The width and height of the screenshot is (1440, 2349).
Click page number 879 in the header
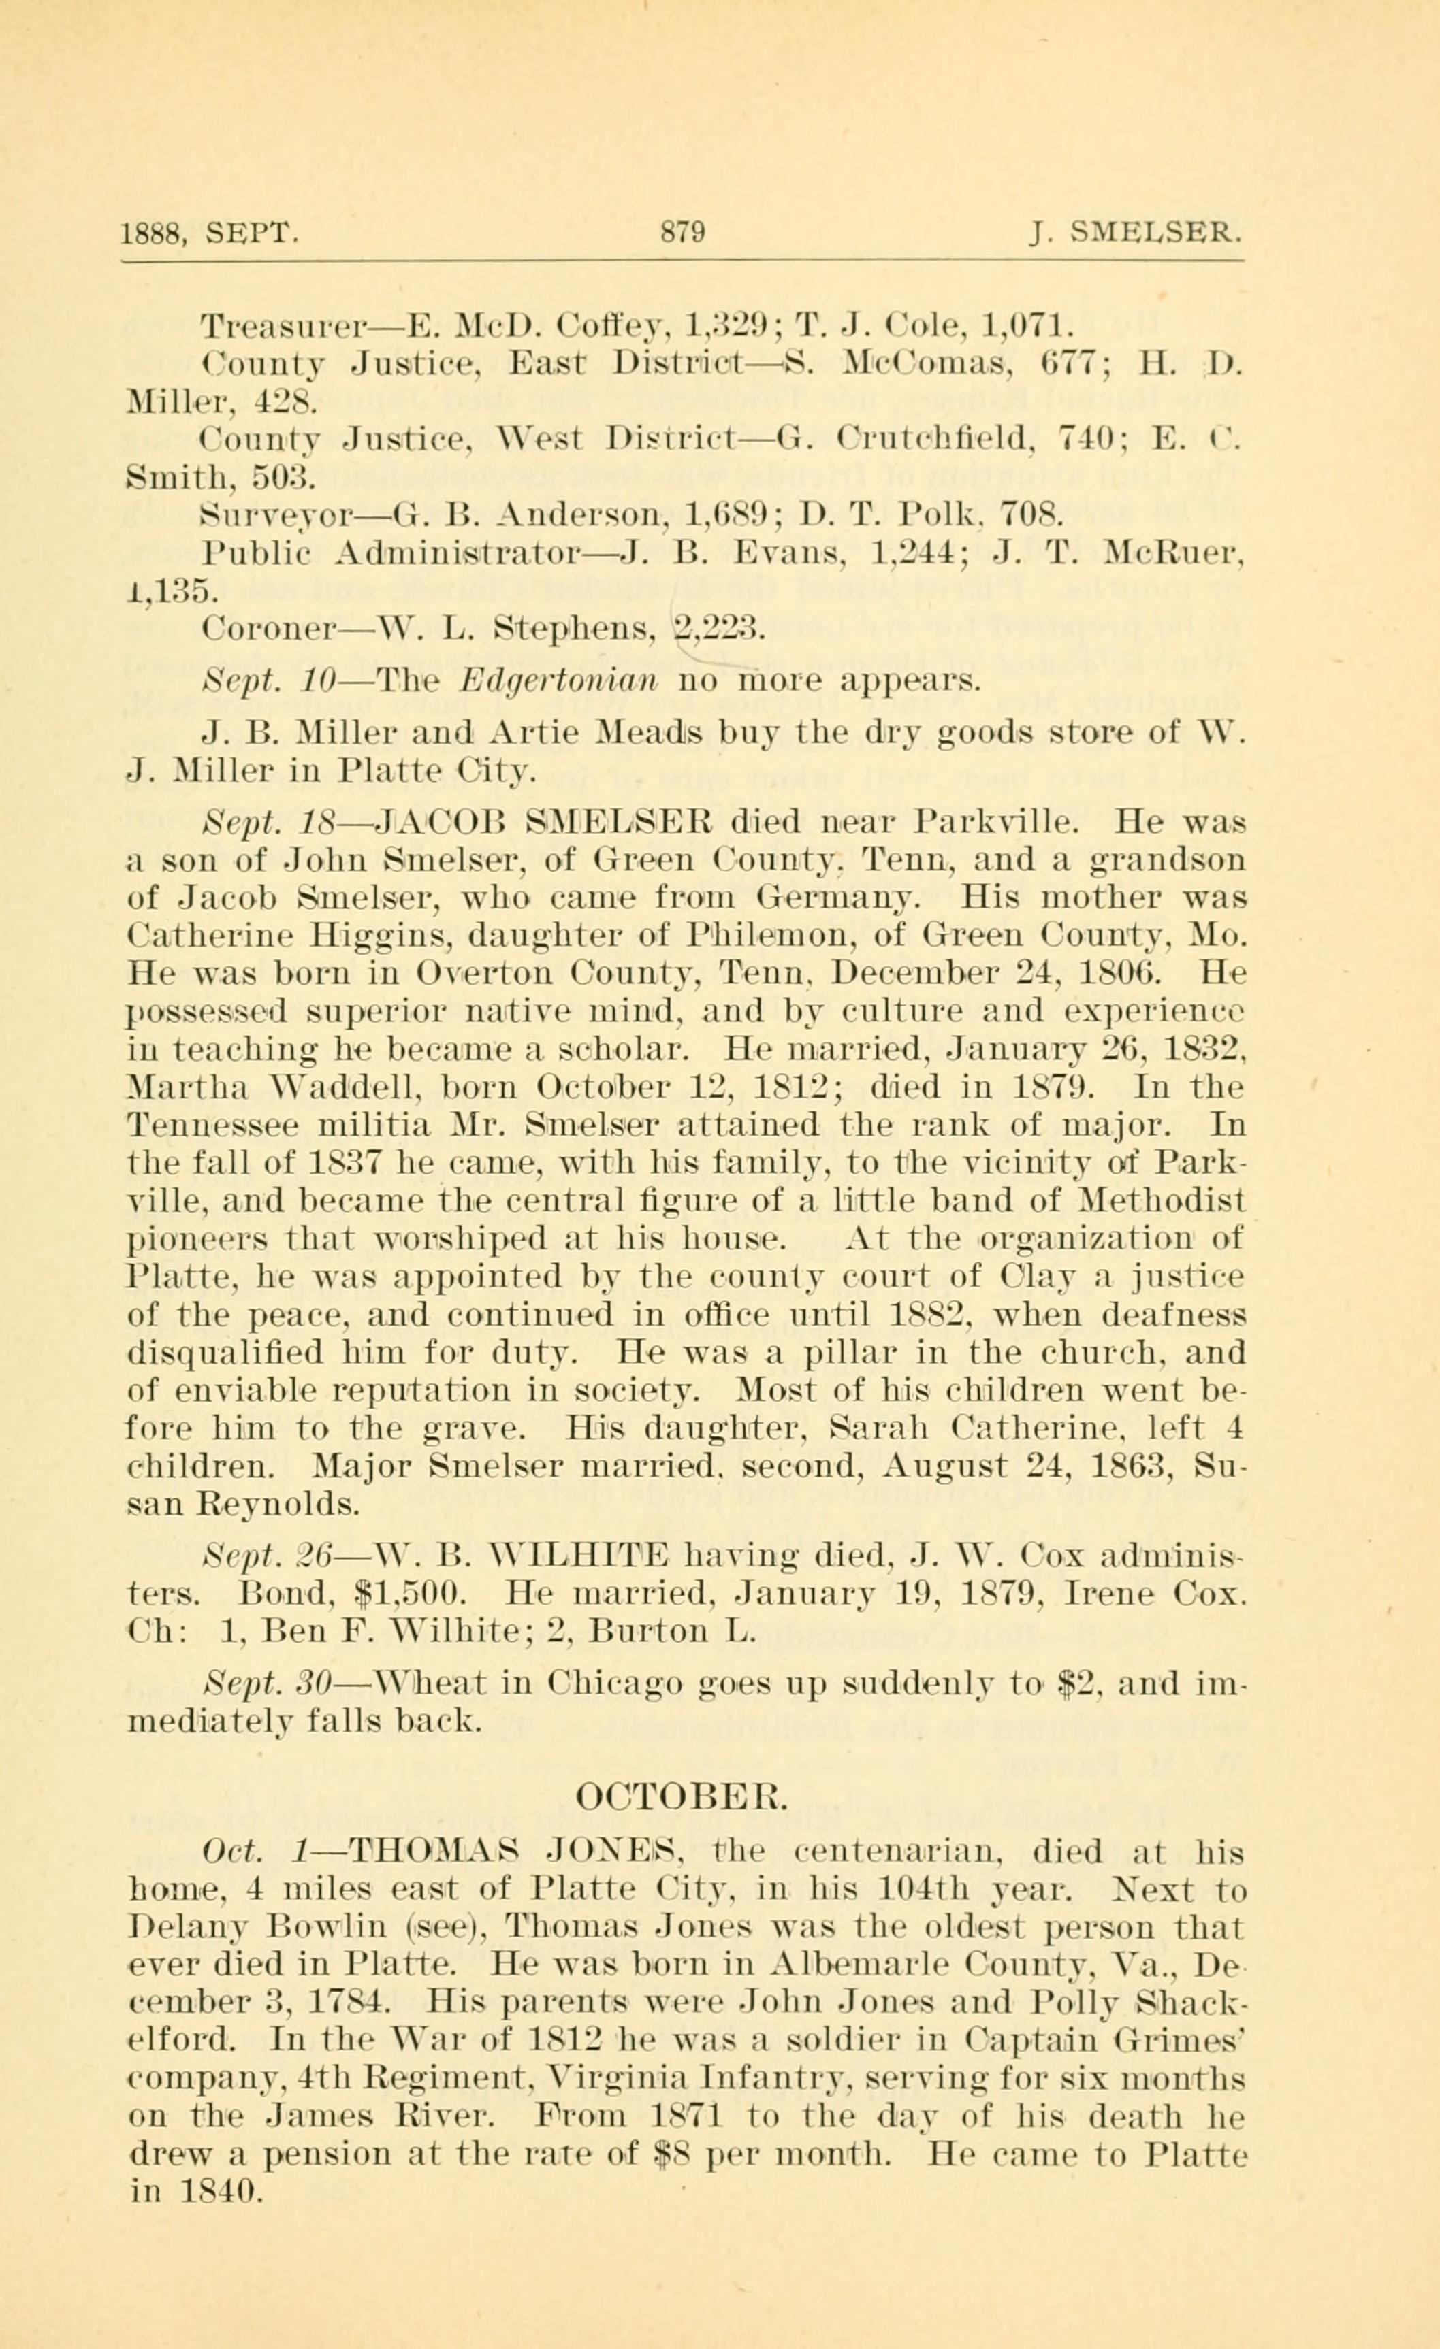tap(683, 233)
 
